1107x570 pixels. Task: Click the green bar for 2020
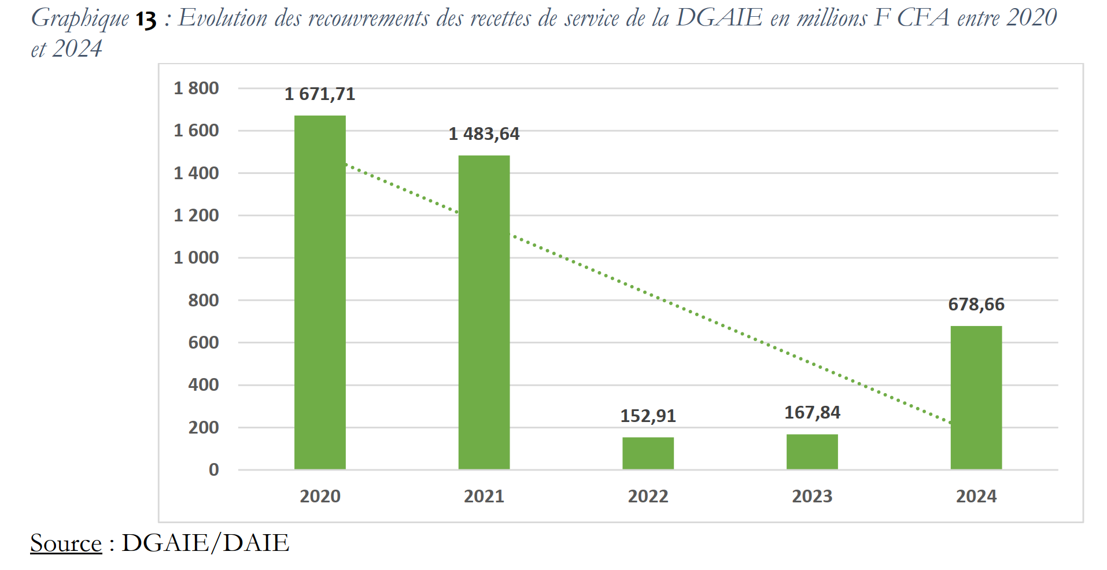coord(320,292)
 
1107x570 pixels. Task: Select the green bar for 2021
coord(484,312)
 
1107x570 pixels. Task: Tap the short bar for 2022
coord(648,453)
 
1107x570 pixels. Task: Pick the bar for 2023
coord(812,451)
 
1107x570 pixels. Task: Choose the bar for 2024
coord(976,397)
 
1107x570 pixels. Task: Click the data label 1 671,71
coord(320,94)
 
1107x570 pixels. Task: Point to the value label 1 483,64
coord(484,134)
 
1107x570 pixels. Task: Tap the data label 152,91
coord(648,416)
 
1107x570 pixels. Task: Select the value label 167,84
coord(812,412)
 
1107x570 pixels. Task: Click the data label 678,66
coord(976,304)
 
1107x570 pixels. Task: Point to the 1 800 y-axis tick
coord(196,88)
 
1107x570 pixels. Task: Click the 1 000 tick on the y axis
coord(196,257)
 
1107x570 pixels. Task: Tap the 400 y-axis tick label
coord(203,384)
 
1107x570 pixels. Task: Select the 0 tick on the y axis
coord(213,469)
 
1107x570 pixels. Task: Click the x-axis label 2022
coord(648,496)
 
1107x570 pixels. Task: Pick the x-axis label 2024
coord(976,496)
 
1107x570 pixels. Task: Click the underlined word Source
coord(66,543)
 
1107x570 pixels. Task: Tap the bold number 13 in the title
coord(146,20)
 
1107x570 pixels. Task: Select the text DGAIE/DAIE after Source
coord(205,543)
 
